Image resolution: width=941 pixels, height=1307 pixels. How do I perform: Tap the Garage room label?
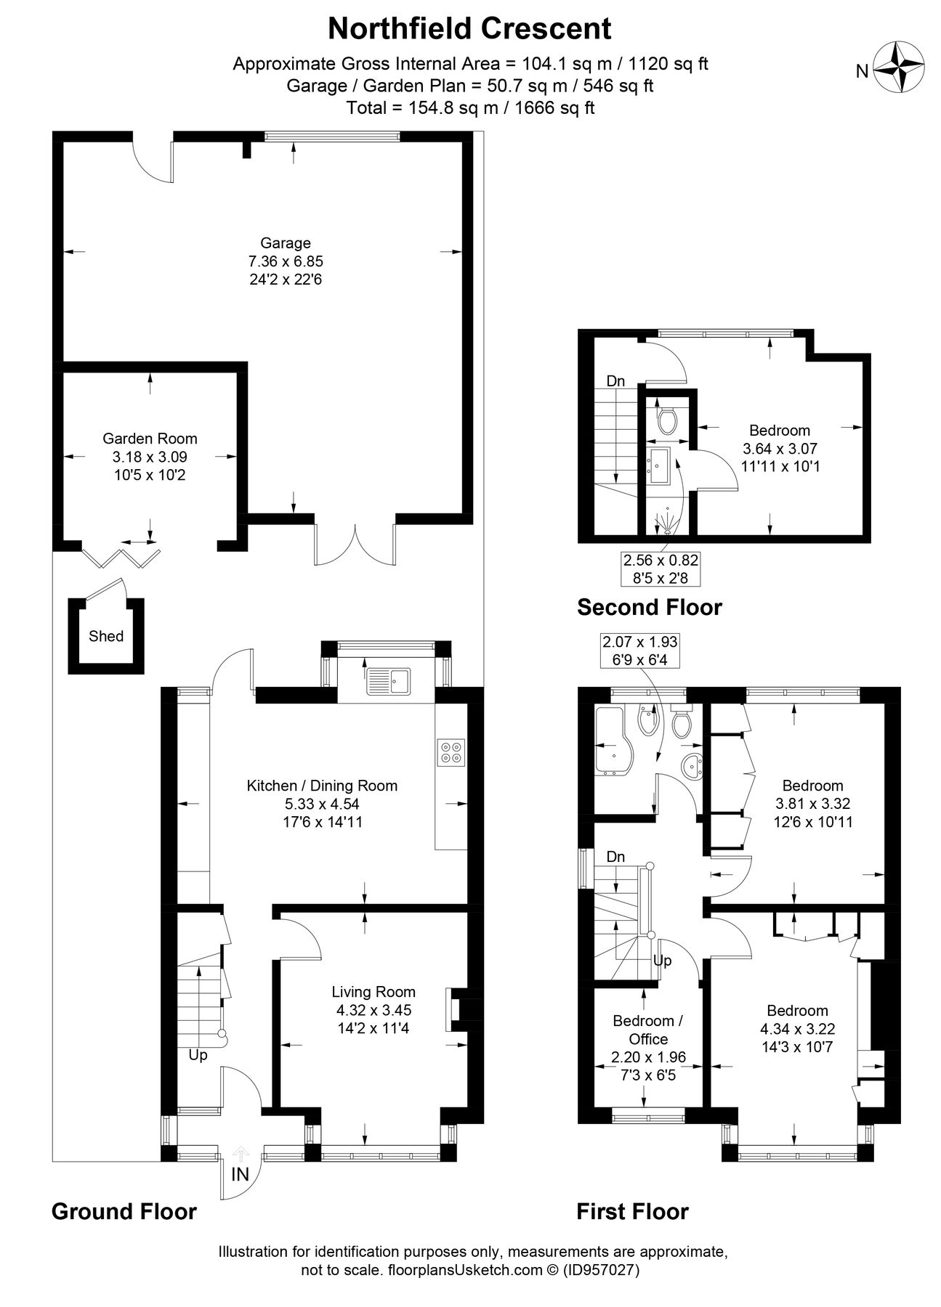pos(286,243)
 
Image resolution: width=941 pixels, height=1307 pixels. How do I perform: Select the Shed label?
pos(106,637)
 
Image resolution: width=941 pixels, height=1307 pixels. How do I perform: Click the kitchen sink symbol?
pos(388,680)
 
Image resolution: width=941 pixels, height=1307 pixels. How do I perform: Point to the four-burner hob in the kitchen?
pos(451,752)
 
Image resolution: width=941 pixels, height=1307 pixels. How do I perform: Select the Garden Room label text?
pos(150,439)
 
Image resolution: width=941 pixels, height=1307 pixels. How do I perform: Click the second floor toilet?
pos(666,420)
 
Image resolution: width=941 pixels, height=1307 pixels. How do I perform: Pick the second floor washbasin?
pos(661,465)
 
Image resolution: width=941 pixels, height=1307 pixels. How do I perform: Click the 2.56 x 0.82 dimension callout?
pos(661,569)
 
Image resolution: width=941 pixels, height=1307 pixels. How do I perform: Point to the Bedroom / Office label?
pos(647,1030)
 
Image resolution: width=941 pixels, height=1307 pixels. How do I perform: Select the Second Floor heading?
pos(649,607)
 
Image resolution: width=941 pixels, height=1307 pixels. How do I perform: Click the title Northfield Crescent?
pos(469,28)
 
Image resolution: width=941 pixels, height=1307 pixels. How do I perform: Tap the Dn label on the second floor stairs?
pos(615,381)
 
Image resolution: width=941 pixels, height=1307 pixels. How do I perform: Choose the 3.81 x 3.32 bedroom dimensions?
pos(812,804)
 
